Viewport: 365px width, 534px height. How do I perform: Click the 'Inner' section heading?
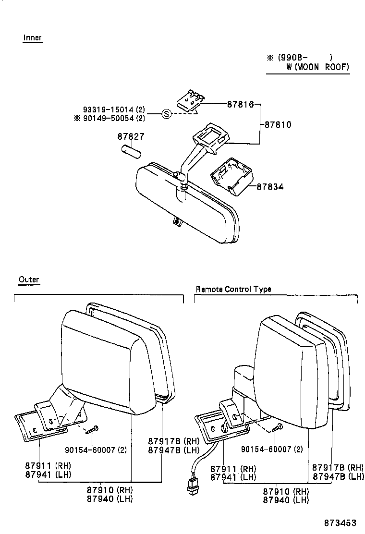33,38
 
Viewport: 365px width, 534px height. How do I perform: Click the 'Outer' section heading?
29,279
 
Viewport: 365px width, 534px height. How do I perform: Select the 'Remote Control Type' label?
233,289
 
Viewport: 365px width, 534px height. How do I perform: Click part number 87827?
131,137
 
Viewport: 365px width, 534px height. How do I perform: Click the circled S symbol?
166,114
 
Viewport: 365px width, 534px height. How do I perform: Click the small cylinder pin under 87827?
130,151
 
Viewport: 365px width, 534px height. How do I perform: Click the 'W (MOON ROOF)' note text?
317,67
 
